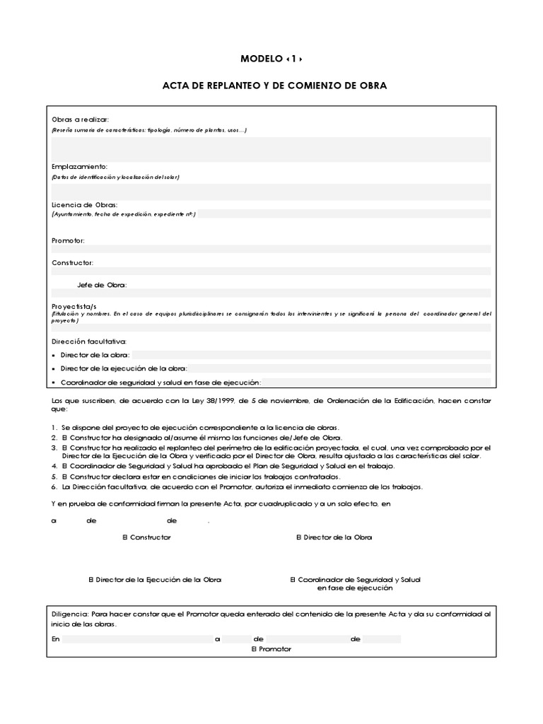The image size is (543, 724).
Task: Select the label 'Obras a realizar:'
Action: coord(80,119)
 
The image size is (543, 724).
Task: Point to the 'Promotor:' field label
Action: coord(68,240)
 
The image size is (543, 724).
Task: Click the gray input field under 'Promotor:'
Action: coord(271,249)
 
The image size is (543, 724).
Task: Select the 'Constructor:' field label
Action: coord(72,262)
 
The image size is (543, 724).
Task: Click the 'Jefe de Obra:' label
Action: coord(102,285)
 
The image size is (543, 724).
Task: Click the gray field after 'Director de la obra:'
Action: coord(311,355)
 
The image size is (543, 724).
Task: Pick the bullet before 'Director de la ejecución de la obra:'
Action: coord(54,369)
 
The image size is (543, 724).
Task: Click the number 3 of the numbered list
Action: coord(54,448)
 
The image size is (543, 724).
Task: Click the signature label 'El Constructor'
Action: coord(146,537)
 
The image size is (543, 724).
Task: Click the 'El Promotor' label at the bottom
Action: coord(271,648)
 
